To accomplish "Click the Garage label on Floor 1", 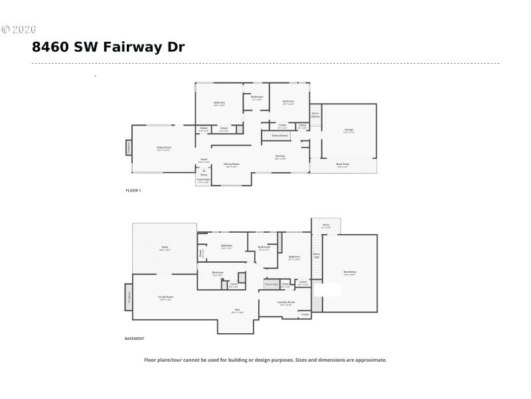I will pos(348,130).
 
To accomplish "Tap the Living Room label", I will pos(163,148).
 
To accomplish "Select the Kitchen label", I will pos(280,157).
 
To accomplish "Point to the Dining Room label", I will pos(231,164).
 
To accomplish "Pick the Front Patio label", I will pos(204,180).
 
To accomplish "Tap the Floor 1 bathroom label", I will pos(257,98).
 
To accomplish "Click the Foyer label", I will pos(204,160).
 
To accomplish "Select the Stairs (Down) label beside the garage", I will pos(315,114).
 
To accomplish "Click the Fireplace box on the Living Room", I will pos(129,148).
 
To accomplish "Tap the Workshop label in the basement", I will pos(350,273).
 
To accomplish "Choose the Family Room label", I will pos(165,297).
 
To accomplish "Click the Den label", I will pos(237,310).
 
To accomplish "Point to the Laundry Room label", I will pos(286,303).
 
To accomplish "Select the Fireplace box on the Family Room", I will pos(129,297).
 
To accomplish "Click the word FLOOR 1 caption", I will pos(133,190).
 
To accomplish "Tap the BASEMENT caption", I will pos(134,338).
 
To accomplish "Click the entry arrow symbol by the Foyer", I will pos(204,171).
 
